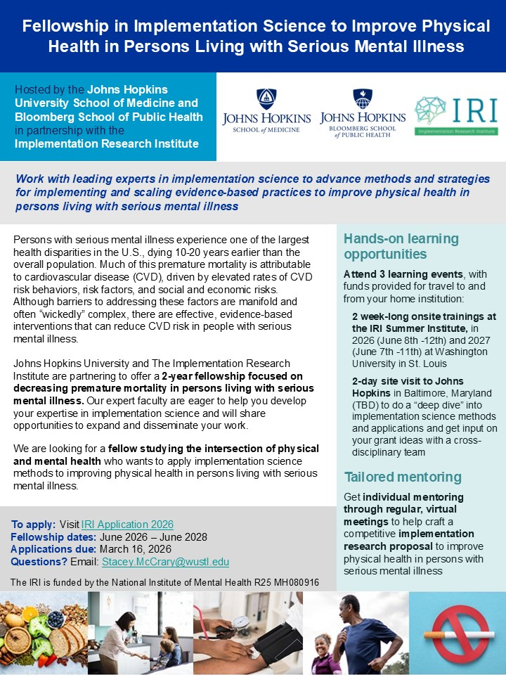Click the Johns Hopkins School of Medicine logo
pos(266,112)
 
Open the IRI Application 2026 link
pos(127,525)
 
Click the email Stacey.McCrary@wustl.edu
pos(165,562)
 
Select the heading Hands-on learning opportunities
pos(401,246)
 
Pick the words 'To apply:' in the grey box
pos(34,525)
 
